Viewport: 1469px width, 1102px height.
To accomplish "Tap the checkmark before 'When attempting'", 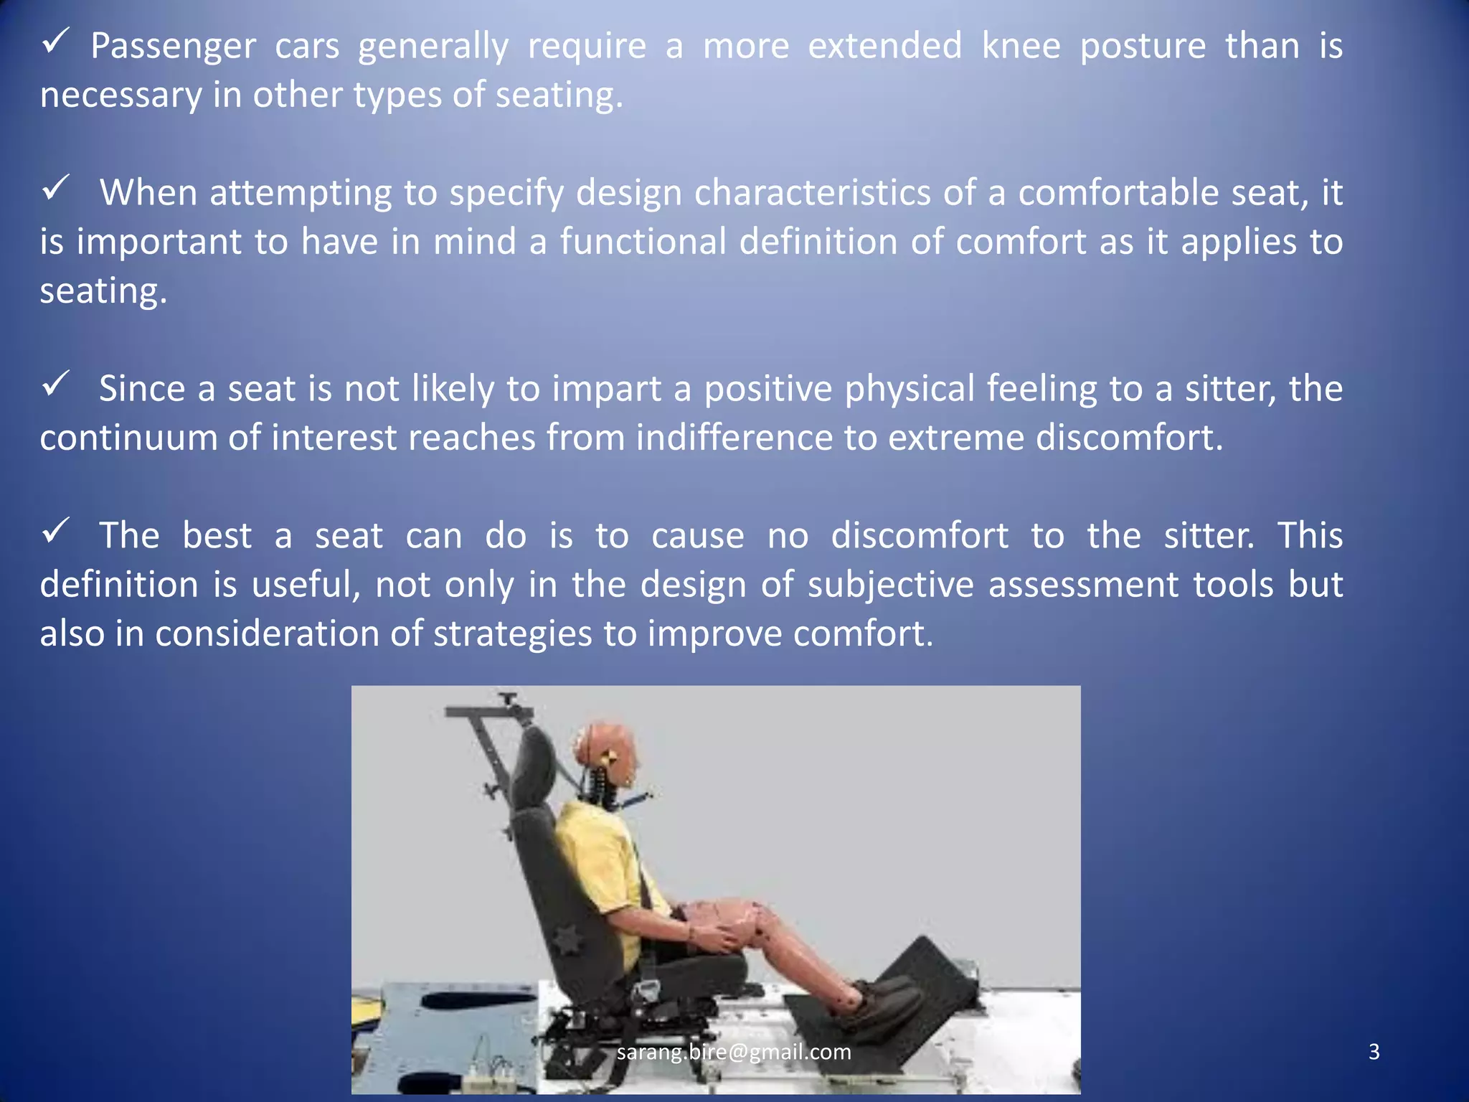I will pyautogui.click(x=55, y=189).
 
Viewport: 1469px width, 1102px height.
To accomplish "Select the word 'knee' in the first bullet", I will pyautogui.click(x=1021, y=46).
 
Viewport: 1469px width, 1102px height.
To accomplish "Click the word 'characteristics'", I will pyautogui.click(x=812, y=193).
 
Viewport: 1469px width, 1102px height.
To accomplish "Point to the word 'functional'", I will pyautogui.click(x=643, y=242).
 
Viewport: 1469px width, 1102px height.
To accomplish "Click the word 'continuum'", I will pyautogui.click(x=128, y=438).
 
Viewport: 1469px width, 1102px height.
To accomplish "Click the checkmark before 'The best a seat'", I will pyautogui.click(x=55, y=531).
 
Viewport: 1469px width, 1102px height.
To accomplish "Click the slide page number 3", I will pyautogui.click(x=1374, y=1052).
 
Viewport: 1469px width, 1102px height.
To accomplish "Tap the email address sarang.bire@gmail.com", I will pyautogui.click(x=734, y=1052).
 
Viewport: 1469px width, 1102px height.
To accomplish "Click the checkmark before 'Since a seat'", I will pyautogui.click(x=55, y=384).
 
